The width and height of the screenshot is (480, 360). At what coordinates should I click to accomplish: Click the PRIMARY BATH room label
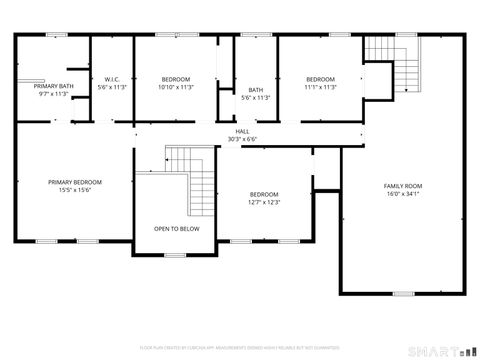click(x=53, y=87)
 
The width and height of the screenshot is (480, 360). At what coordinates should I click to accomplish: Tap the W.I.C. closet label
click(x=112, y=79)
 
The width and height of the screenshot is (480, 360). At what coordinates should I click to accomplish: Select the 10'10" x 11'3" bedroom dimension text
click(x=177, y=87)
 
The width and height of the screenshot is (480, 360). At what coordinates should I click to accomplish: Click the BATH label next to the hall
click(x=256, y=90)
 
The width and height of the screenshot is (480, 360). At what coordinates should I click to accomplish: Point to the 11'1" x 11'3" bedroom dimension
click(x=320, y=87)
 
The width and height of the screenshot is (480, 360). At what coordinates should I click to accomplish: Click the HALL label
click(x=242, y=131)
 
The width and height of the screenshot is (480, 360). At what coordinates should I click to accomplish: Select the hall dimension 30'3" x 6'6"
click(x=242, y=139)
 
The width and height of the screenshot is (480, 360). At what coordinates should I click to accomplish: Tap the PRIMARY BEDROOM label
click(x=75, y=182)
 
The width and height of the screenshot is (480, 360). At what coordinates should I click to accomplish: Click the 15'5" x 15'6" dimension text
click(x=75, y=190)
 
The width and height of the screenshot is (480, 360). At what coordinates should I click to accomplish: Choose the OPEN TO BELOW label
click(x=176, y=228)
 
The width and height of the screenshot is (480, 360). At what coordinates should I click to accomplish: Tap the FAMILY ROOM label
click(x=403, y=186)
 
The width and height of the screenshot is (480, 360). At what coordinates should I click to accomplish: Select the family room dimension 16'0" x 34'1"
click(x=403, y=194)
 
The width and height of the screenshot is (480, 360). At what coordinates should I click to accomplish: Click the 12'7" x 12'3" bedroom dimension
click(x=264, y=202)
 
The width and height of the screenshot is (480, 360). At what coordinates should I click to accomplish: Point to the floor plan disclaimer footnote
click(x=240, y=347)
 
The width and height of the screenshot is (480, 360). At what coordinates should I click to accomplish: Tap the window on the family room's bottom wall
click(x=403, y=294)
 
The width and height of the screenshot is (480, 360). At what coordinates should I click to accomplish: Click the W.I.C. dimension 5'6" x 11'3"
click(x=112, y=87)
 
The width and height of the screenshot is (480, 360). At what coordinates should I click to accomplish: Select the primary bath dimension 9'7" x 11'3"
click(x=53, y=95)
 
